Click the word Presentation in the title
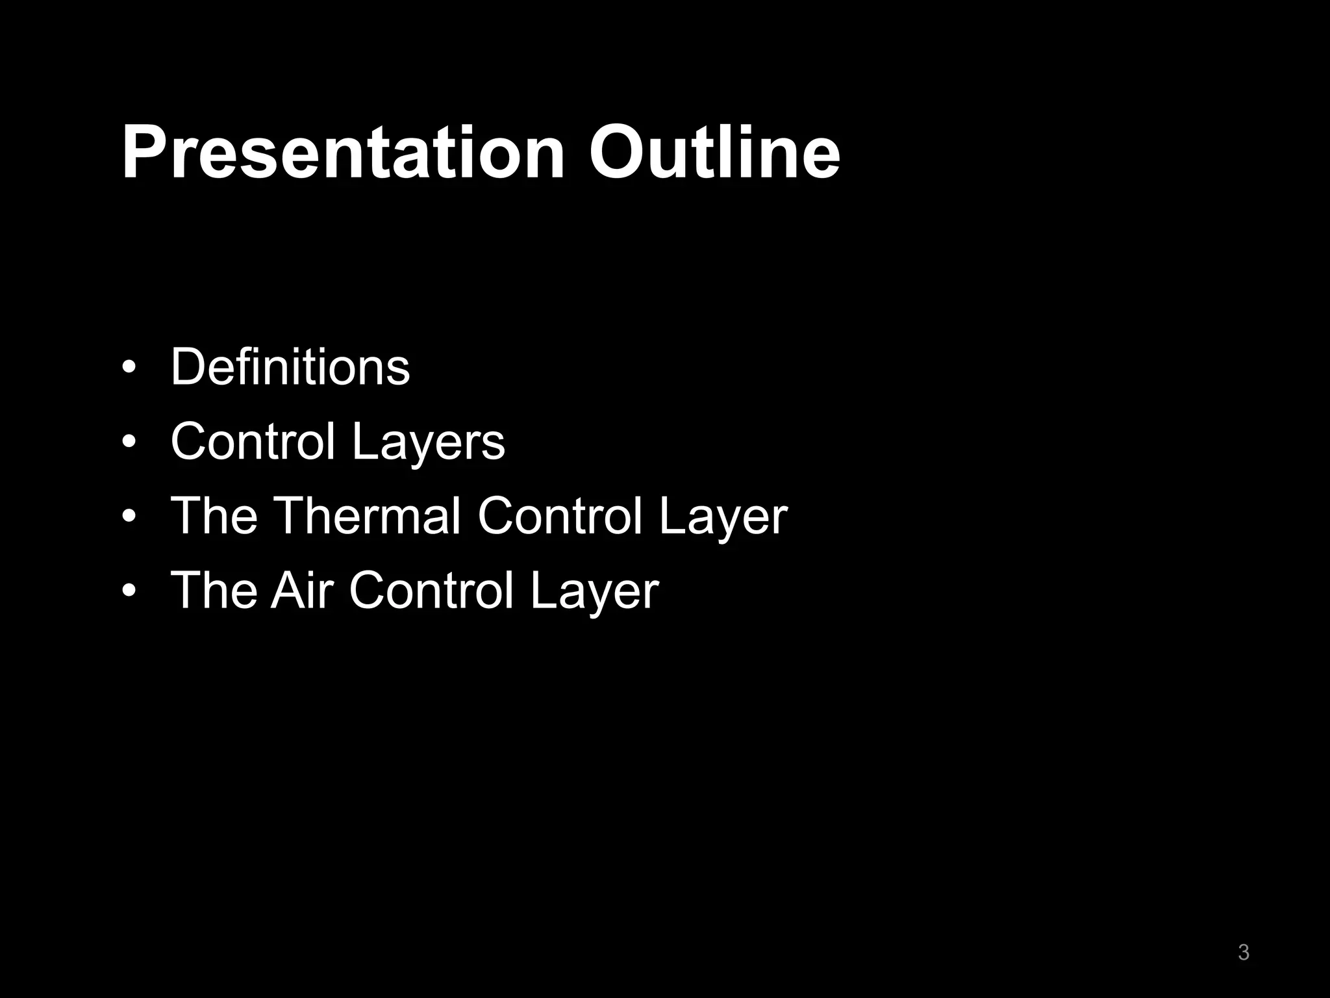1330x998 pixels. coord(343,153)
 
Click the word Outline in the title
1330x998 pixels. coord(714,153)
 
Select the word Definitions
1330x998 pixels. coord(290,367)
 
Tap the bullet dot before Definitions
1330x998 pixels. coord(129,368)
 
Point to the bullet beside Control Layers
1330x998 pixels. coord(129,442)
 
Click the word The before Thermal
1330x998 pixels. coord(214,516)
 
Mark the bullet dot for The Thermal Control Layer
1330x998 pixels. coord(129,517)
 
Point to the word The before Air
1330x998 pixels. coord(214,590)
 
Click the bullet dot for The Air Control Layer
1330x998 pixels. coord(129,591)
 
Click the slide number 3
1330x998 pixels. coord(1244,953)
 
